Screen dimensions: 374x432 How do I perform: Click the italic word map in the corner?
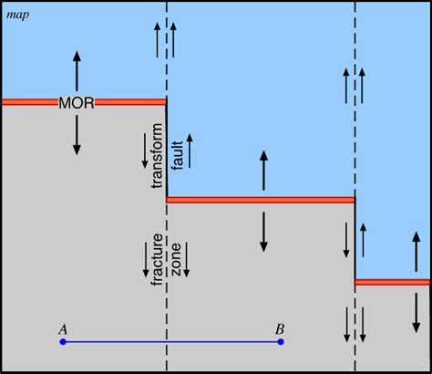pyautogui.click(x=16, y=16)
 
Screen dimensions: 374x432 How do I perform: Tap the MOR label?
pyautogui.click(x=77, y=99)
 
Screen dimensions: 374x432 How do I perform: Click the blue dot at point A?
pyautogui.click(x=62, y=342)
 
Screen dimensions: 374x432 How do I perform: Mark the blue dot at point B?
pyautogui.click(x=281, y=342)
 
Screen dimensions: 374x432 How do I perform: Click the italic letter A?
pyautogui.click(x=62, y=327)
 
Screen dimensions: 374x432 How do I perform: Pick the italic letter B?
pyautogui.click(x=281, y=327)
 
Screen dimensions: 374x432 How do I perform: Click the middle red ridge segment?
pyautogui.click(x=261, y=199)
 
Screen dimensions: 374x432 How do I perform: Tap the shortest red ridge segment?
pyautogui.click(x=393, y=282)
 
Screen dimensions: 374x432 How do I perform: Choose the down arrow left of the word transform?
pyautogui.click(x=144, y=151)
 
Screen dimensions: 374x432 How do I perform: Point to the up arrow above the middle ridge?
pyautogui.click(x=263, y=171)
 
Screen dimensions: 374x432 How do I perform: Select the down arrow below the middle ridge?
pyautogui.click(x=263, y=232)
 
